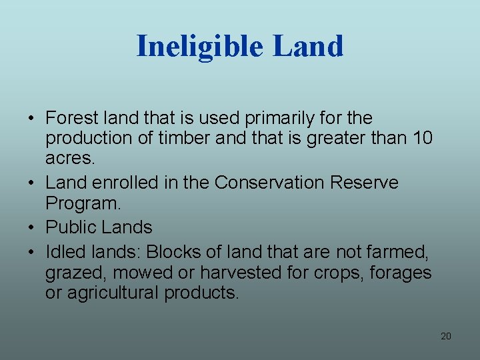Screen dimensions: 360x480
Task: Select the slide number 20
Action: [446, 336]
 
